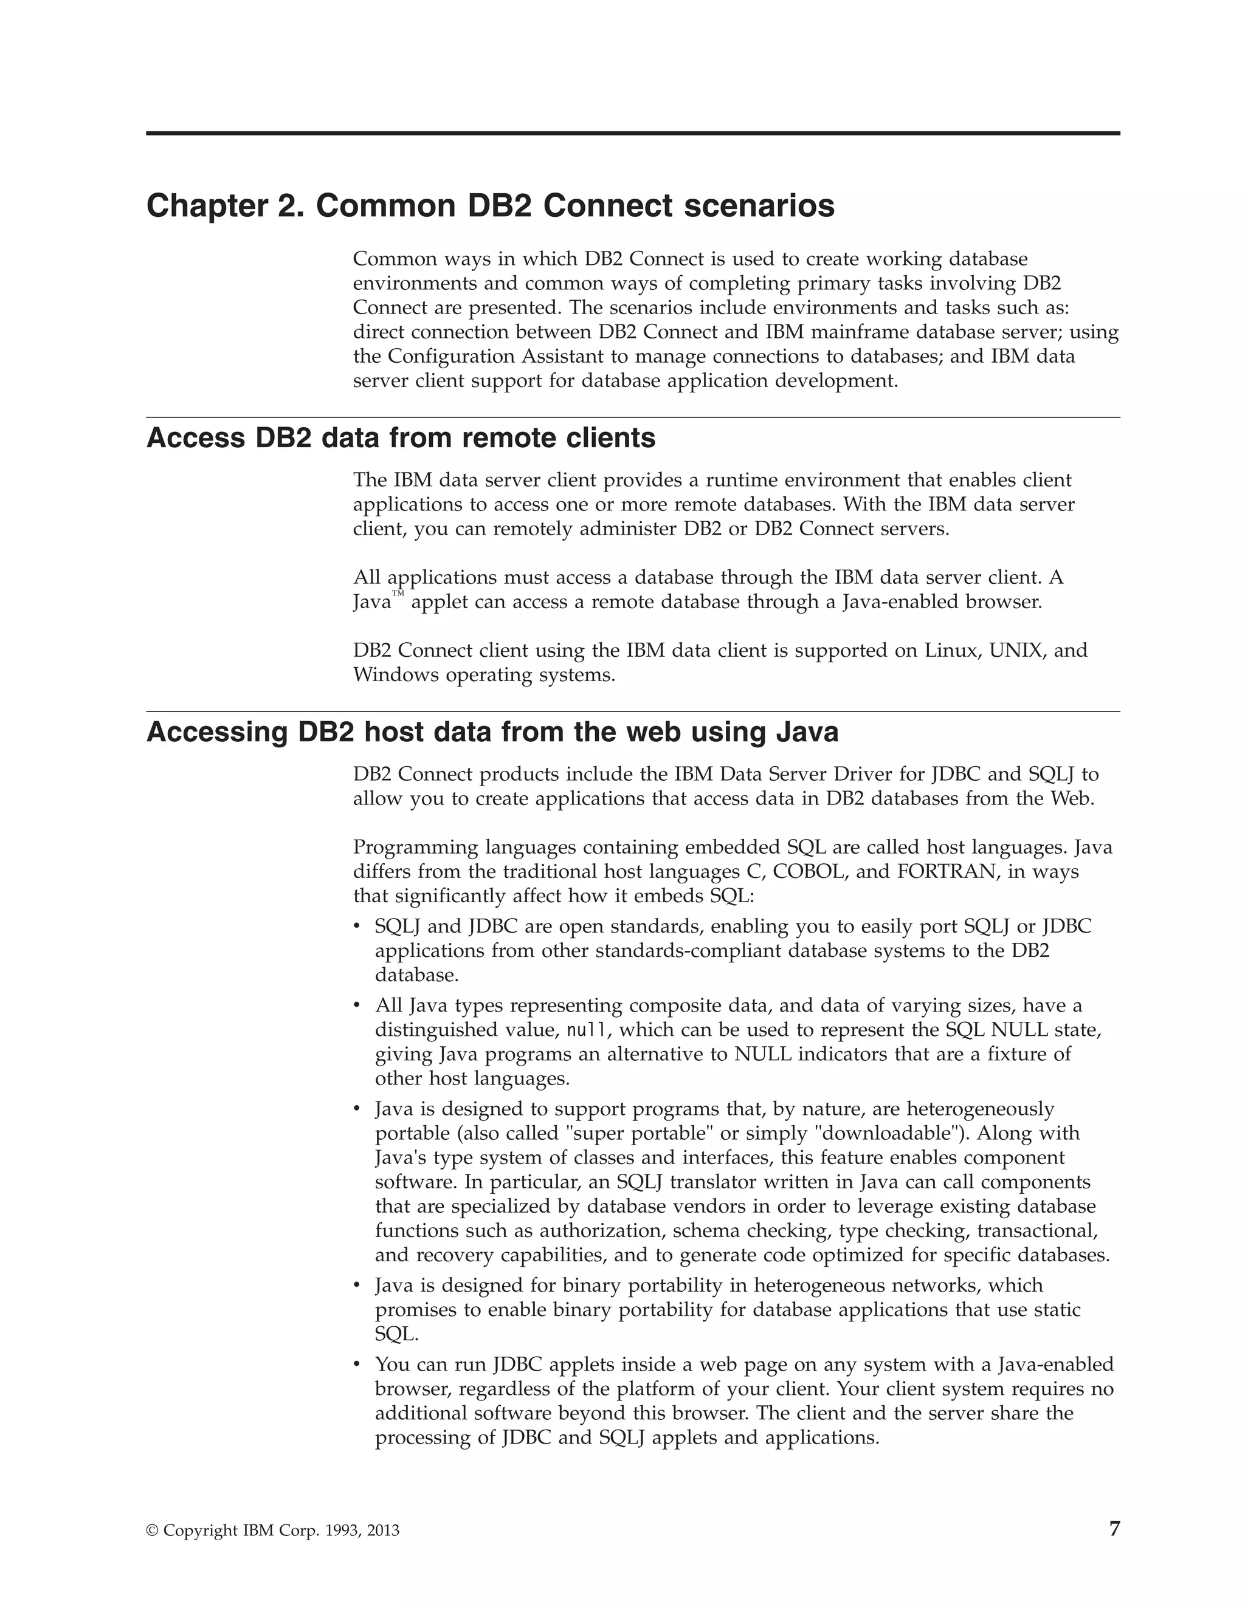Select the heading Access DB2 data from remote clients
pos(401,438)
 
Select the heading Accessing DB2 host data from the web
pos(492,732)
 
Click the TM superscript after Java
pos(398,594)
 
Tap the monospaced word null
pos(587,1030)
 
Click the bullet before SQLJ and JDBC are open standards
pos(357,927)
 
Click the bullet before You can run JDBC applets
pos(357,1365)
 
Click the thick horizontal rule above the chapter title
pos(633,134)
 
